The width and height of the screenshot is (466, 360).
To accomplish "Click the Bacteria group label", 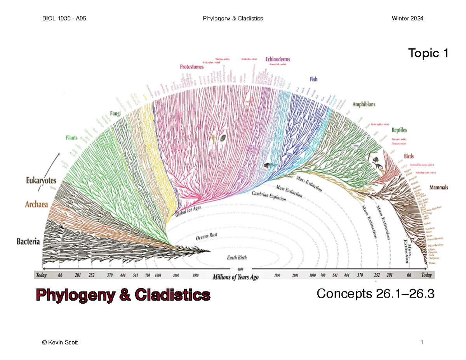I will (28, 242).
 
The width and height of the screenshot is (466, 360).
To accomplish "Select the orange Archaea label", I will (37, 204).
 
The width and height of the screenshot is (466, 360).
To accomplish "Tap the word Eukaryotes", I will (41, 180).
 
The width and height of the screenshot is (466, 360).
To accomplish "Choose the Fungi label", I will (115, 113).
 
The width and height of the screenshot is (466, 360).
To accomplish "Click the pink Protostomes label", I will (192, 67).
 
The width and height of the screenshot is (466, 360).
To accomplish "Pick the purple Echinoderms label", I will (278, 59).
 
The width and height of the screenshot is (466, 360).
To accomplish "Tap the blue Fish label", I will (313, 79).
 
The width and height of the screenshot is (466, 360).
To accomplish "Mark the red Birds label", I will (409, 156).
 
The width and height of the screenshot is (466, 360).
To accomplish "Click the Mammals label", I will (438, 187).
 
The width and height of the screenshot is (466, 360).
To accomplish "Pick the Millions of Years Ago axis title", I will (235, 277).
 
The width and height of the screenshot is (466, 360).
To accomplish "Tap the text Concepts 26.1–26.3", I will (375, 294).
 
